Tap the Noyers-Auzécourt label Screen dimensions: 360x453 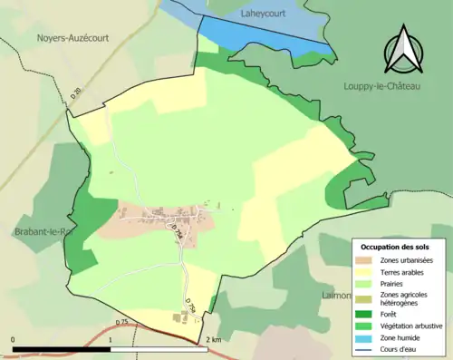[x=73, y=38]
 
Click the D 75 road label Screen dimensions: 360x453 [x=121, y=321]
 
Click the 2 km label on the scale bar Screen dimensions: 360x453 [x=214, y=339]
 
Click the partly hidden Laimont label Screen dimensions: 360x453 [x=335, y=296]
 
